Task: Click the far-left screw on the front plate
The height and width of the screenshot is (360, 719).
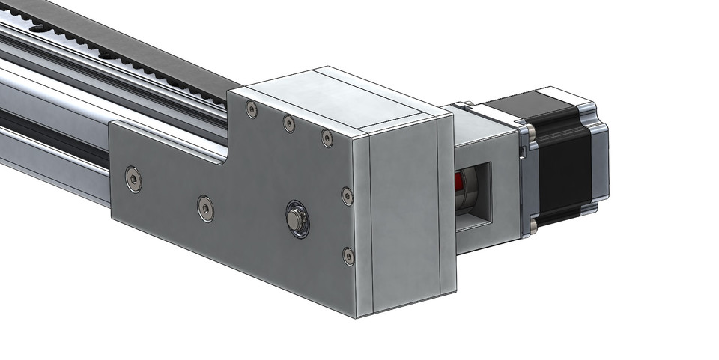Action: [x=133, y=180]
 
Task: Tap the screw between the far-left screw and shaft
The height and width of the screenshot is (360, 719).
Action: [x=206, y=208]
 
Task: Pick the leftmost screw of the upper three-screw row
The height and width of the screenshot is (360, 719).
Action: [x=252, y=110]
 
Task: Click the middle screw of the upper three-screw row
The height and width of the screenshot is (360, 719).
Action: [x=289, y=123]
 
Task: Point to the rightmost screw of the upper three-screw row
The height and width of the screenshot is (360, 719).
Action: [x=327, y=138]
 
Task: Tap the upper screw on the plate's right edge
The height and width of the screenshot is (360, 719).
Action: [x=348, y=196]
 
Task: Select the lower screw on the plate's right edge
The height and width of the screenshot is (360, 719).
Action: [x=348, y=257]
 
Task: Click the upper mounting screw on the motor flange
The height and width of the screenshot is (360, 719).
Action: [x=530, y=132]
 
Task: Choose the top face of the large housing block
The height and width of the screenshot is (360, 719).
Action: [x=345, y=97]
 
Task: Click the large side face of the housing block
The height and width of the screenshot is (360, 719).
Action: [x=404, y=217]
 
